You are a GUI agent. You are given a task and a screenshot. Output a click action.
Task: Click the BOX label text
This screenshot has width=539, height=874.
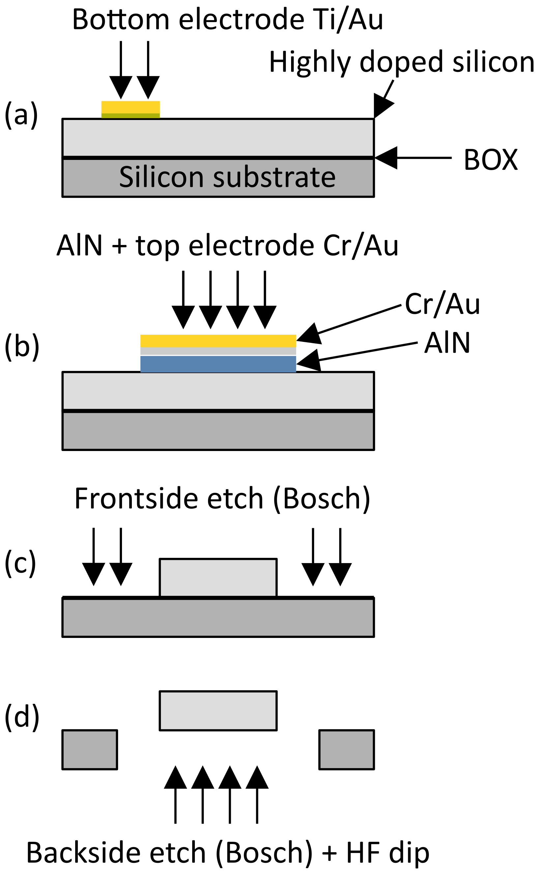pos(491,160)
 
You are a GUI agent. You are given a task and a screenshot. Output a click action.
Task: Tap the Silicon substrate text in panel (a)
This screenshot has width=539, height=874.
pos(227,177)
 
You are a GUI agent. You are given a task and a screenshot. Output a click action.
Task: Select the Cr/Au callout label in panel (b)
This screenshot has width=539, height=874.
pos(442,304)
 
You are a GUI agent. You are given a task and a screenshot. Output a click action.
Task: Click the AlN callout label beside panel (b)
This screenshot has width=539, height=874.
pos(447,343)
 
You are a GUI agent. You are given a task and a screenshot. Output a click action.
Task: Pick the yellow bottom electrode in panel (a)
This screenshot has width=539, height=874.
pos(131,107)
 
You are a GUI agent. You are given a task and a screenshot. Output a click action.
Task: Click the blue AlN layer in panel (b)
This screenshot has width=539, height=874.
pos(218,364)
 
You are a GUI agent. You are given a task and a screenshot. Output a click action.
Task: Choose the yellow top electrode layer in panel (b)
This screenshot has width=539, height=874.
pos(218,341)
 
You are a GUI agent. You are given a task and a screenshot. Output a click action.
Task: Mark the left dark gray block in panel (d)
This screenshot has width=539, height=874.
pos(90,750)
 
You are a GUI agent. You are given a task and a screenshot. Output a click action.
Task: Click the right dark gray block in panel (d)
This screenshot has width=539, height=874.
pos(346,750)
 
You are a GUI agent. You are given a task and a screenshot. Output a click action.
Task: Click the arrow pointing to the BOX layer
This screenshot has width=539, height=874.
pos(413,158)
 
